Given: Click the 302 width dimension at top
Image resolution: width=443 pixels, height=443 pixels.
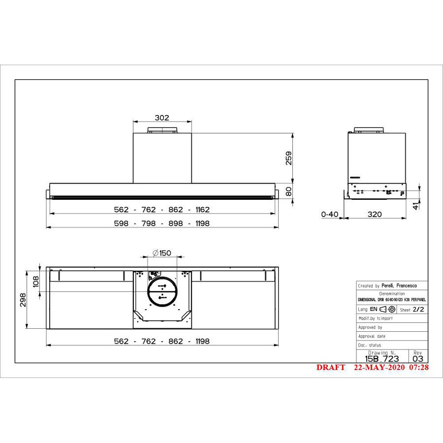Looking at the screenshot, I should pyautogui.click(x=162, y=118).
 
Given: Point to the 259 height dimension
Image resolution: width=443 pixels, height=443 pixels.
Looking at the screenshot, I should pyautogui.click(x=289, y=158).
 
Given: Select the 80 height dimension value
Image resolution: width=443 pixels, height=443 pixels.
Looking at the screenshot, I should pyautogui.click(x=289, y=190).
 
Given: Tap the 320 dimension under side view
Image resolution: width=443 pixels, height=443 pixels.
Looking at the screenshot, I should pyautogui.click(x=374, y=215).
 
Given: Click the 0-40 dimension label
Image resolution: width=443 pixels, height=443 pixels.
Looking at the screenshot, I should pyautogui.click(x=329, y=215).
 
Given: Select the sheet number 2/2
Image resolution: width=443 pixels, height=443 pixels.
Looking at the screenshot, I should pyautogui.click(x=418, y=310).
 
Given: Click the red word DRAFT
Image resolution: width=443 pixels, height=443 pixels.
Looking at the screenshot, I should pyautogui.click(x=331, y=368).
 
